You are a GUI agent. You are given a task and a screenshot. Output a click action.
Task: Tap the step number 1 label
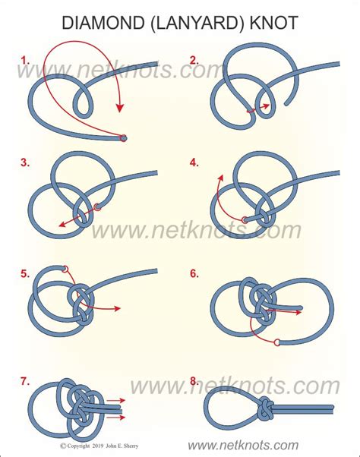26,59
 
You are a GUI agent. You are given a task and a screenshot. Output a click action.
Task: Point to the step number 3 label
26,162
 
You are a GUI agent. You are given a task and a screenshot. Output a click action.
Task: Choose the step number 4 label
194,162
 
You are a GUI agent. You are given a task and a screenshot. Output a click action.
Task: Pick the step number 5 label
26,273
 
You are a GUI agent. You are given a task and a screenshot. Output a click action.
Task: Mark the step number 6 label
194,273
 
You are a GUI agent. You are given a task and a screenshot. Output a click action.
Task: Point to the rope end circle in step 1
124,138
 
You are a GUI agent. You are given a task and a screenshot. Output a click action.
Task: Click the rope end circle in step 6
278,342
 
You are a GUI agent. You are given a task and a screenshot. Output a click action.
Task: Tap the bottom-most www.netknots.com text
252,444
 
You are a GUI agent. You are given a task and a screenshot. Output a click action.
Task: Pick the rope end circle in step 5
65,269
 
